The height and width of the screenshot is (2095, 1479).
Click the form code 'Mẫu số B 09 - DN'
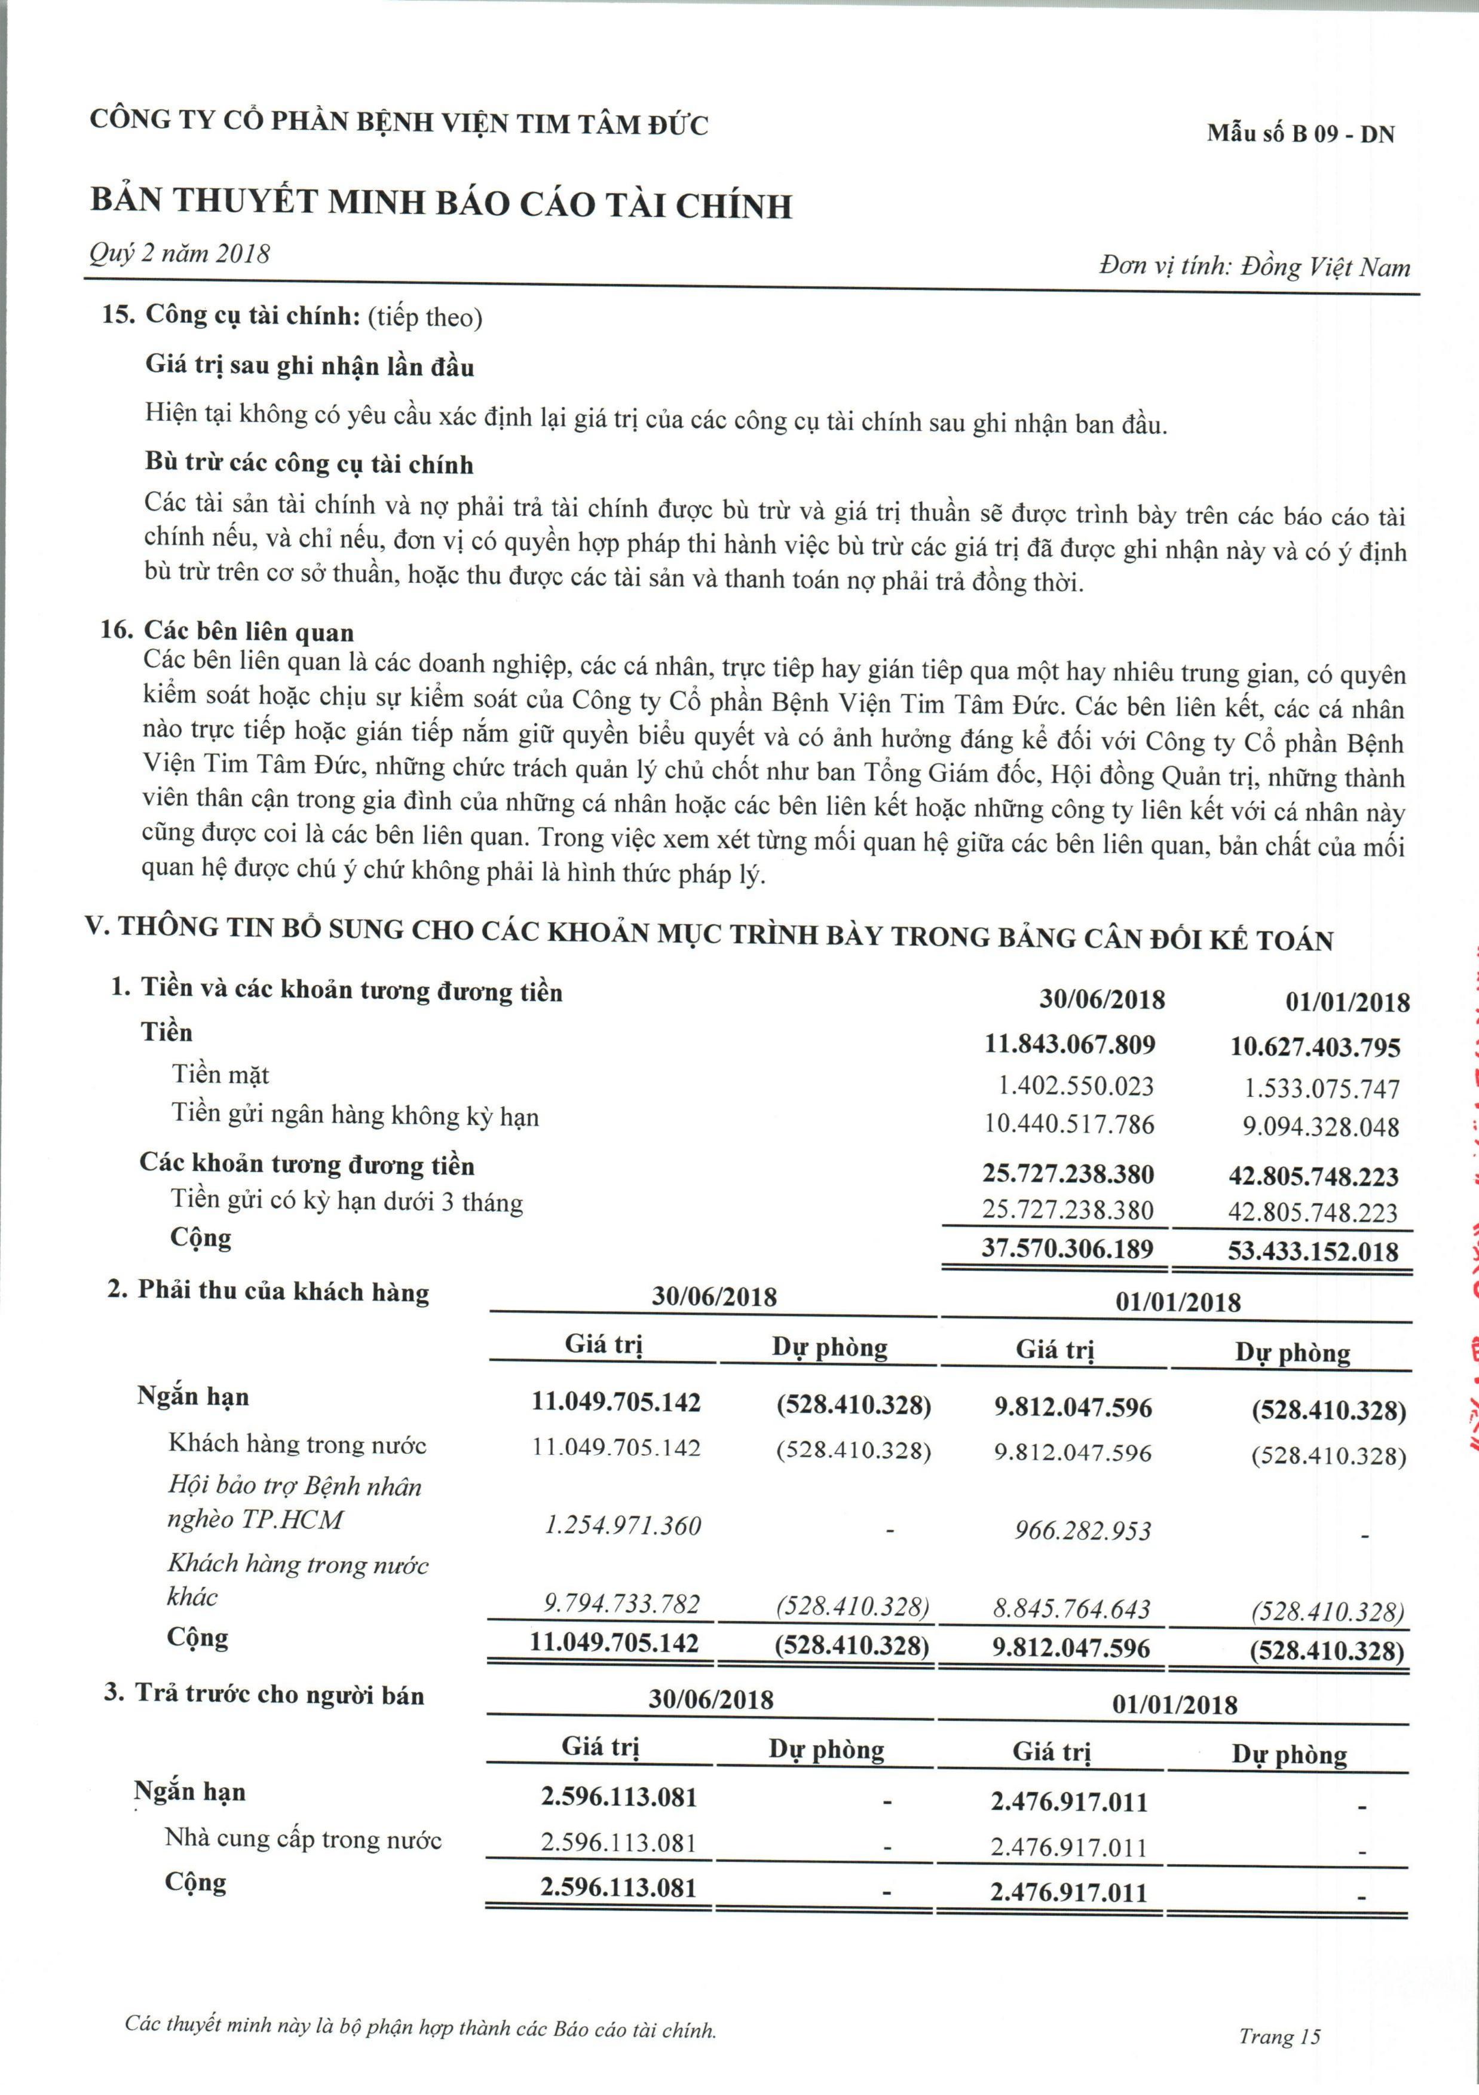tap(1300, 134)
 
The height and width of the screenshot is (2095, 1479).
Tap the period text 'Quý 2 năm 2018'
tap(180, 253)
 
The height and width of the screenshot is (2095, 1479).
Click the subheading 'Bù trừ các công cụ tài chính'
tap(310, 463)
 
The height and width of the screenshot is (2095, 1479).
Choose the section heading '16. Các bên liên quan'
tap(227, 631)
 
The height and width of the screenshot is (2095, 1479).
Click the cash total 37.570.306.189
tap(1067, 1248)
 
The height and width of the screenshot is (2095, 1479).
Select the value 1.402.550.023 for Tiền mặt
tap(1076, 1086)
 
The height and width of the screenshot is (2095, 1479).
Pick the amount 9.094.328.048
tap(1320, 1127)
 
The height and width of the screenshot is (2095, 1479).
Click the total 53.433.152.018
tap(1313, 1251)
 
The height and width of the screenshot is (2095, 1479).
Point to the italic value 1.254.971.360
tap(623, 1525)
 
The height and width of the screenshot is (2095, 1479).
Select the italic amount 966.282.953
tap(1083, 1530)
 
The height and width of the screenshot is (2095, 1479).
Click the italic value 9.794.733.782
tap(622, 1604)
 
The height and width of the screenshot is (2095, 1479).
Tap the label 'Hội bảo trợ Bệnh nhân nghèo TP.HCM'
tap(294, 1503)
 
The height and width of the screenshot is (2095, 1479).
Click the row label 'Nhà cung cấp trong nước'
tap(303, 1839)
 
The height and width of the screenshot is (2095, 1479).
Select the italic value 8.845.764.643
tap(1072, 1608)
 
